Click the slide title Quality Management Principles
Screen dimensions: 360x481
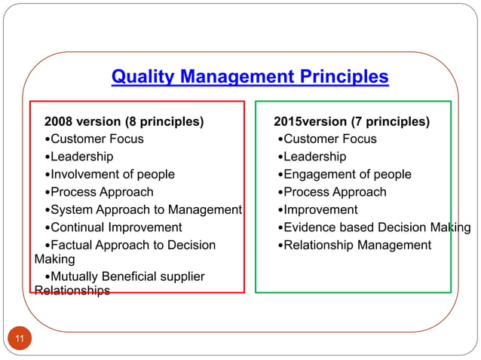250,77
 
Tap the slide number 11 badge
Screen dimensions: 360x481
20,339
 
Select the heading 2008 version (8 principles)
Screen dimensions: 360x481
124,121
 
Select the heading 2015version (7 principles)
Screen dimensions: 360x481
351,121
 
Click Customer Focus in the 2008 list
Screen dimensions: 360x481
97,139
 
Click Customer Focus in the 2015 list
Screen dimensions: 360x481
329,139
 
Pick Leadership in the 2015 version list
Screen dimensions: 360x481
314,157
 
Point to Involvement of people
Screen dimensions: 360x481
112,174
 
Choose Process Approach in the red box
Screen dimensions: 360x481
101,192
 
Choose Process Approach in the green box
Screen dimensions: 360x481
334,192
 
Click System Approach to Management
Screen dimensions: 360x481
146,209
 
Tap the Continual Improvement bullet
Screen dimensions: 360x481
116,227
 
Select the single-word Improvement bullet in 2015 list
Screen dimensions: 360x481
320,209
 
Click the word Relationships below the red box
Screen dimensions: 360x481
72,291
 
